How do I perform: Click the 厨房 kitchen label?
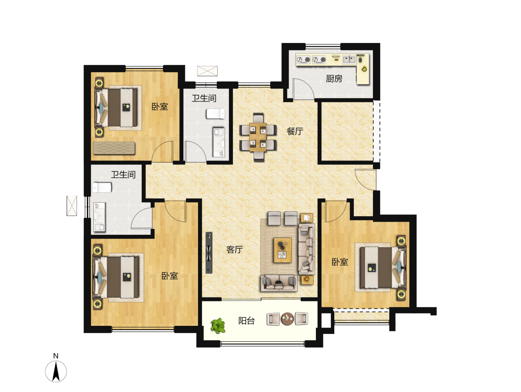pyautogui.click(x=334, y=78)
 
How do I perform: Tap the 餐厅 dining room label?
pyautogui.click(x=295, y=131)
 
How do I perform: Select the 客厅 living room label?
pyautogui.click(x=234, y=250)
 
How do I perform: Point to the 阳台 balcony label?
pyautogui.click(x=246, y=321)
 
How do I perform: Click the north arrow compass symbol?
pyautogui.click(x=56, y=371)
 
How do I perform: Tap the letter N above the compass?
pyautogui.click(x=56, y=356)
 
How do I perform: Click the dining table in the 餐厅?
pyautogui.click(x=258, y=137)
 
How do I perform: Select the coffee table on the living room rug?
pyautogui.click(x=283, y=250)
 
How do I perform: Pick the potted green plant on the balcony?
pyautogui.click(x=218, y=325)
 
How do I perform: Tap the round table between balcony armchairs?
pyautogui.click(x=287, y=319)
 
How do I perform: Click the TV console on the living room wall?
pyautogui.click(x=209, y=252)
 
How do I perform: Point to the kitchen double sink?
pyautogui.click(x=349, y=59)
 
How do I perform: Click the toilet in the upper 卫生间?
pyautogui.click(x=215, y=114)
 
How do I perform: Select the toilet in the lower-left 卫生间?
pyautogui.click(x=102, y=187)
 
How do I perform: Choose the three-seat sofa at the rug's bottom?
pyautogui.click(x=279, y=283)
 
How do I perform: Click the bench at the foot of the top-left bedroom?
pyautogui.click(x=114, y=148)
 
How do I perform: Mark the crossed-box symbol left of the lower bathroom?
pyautogui.click(x=72, y=206)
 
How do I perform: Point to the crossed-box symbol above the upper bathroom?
pyautogui.click(x=207, y=71)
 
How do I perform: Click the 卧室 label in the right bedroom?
pyautogui.click(x=340, y=262)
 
